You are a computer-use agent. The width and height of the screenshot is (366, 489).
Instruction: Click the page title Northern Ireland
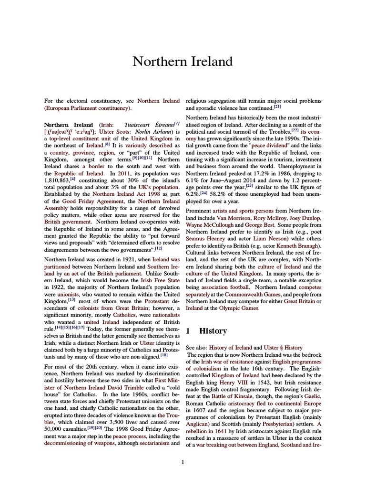[183, 62]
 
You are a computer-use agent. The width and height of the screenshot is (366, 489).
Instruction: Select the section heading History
[213, 330]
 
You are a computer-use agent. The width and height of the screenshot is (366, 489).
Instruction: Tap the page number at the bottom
[183, 462]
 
